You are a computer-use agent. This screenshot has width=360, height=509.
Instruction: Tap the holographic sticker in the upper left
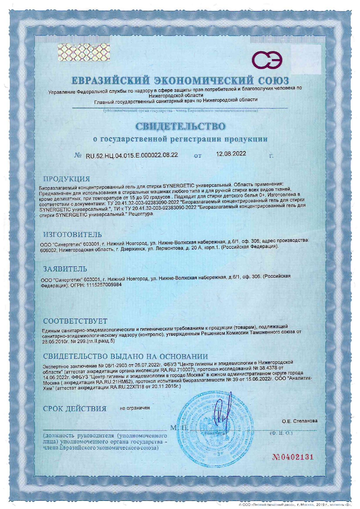[x=84, y=52]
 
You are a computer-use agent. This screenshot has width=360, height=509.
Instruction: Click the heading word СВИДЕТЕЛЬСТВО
[x=180, y=126]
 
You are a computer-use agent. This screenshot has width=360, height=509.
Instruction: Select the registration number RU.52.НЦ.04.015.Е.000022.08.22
[x=132, y=155]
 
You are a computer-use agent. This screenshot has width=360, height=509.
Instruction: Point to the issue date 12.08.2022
[x=231, y=154]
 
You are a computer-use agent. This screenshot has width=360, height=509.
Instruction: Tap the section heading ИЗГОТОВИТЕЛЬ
[x=73, y=234]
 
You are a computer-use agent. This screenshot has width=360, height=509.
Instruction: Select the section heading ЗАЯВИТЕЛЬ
[x=65, y=269]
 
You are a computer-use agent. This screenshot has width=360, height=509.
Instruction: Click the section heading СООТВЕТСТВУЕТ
[x=75, y=321]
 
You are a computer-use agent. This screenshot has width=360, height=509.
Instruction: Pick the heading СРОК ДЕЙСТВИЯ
[x=75, y=409]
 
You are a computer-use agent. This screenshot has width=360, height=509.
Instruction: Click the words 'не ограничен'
[x=135, y=408]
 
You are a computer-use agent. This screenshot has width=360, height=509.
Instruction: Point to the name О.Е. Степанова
[x=300, y=421]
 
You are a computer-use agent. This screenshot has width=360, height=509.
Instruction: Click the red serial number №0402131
[x=293, y=457]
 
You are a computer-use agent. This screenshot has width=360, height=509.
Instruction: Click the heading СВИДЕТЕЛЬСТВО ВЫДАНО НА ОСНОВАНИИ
[x=125, y=356]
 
